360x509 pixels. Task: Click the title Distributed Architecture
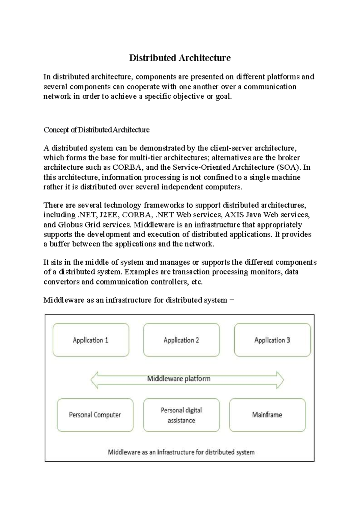[x=180, y=58]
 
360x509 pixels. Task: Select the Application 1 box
[x=91, y=340]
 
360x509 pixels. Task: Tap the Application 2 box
[x=181, y=340]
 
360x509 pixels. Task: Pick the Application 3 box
[x=272, y=340]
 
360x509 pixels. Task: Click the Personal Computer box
[x=95, y=415]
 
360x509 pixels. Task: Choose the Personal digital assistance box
[x=181, y=415]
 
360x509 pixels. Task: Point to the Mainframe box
[x=267, y=415]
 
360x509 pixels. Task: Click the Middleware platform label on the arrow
[x=178, y=379]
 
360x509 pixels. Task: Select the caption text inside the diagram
[x=181, y=452]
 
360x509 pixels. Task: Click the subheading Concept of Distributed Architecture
[x=96, y=130]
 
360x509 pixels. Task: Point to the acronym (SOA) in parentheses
[x=288, y=167]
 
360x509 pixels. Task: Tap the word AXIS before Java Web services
[x=233, y=215]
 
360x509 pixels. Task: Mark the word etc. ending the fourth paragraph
[x=197, y=282]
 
